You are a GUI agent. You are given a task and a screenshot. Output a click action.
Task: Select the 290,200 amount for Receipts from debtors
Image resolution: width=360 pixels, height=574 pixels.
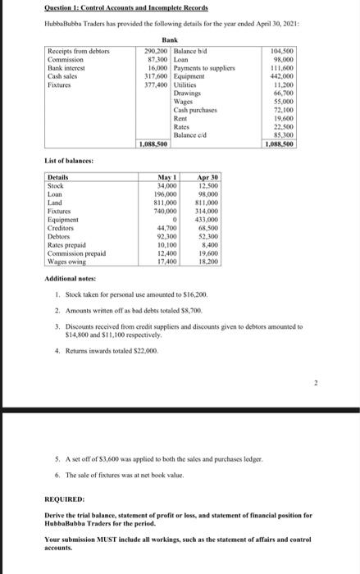click(154, 51)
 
